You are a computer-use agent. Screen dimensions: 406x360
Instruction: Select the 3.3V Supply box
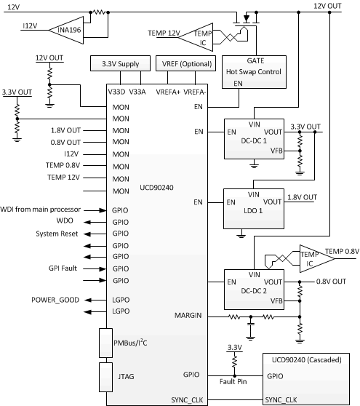coord(120,65)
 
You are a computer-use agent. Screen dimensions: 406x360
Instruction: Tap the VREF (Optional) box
coord(185,65)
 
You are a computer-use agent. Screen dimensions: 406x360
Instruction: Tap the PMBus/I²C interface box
coord(115,343)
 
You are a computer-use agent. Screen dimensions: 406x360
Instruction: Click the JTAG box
coord(115,376)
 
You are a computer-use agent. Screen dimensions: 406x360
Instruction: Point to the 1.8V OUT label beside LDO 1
coord(301,197)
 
